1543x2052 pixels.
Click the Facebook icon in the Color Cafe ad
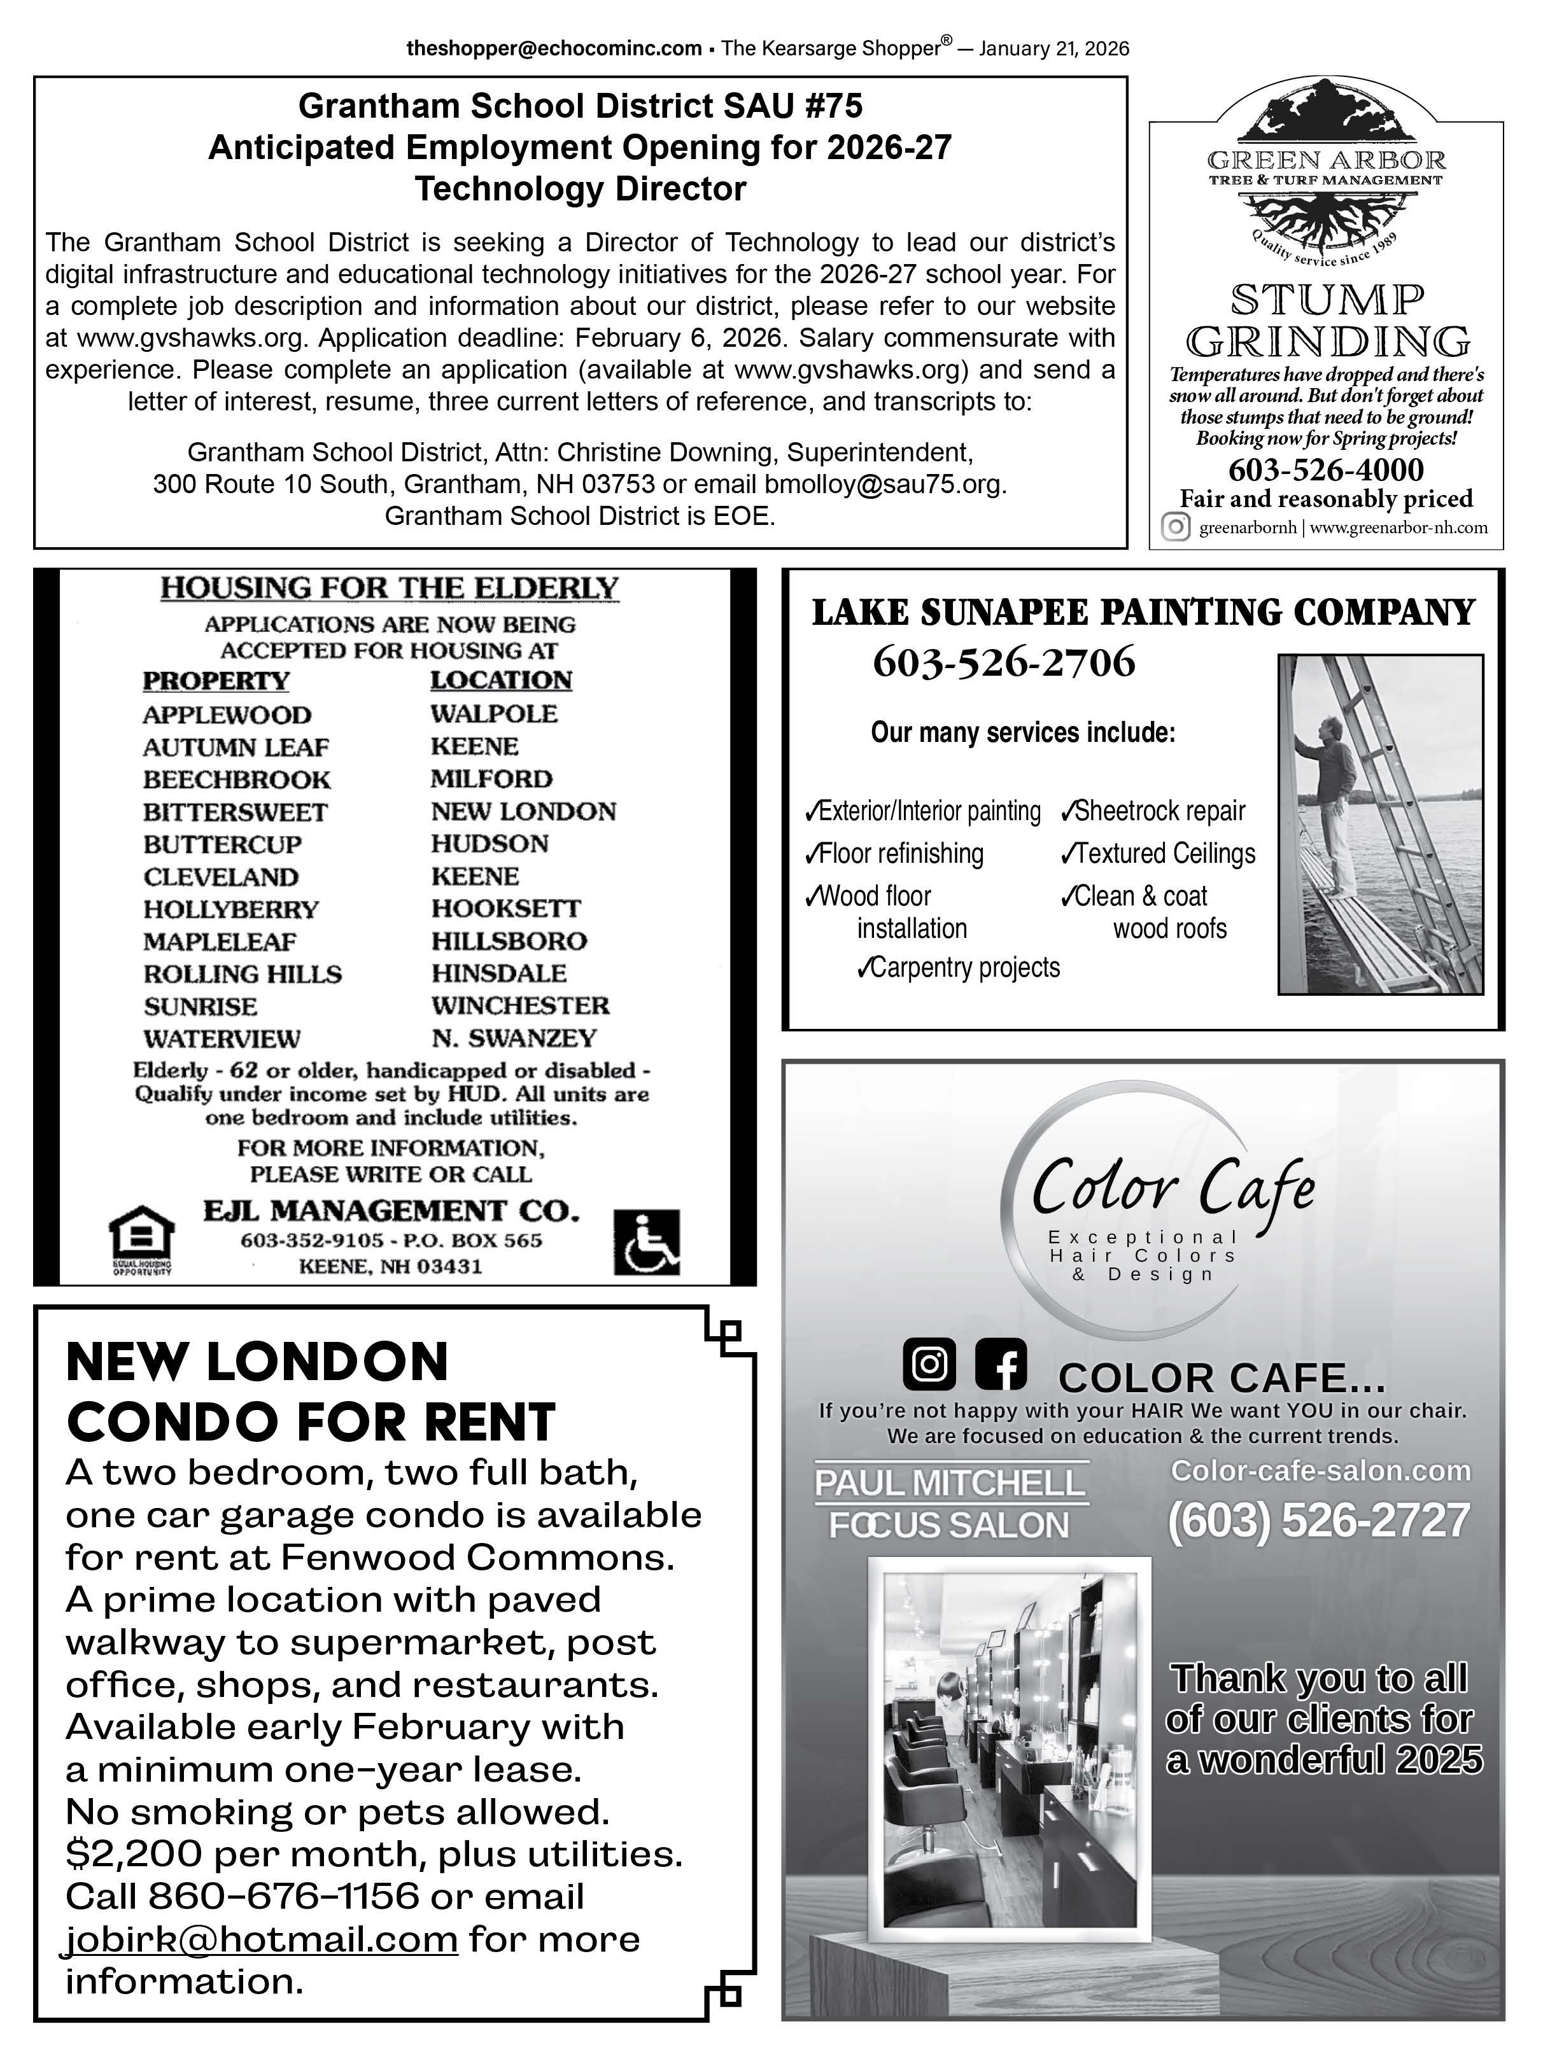click(x=1000, y=1365)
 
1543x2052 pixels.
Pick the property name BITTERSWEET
click(x=235, y=813)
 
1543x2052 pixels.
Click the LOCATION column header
click(x=501, y=680)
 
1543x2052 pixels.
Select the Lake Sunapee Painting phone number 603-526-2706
click(x=1003, y=663)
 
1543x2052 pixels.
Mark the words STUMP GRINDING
click(x=1327, y=321)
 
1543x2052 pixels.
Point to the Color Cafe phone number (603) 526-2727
click(x=1318, y=1521)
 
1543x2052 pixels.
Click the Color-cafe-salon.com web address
click(x=1320, y=1470)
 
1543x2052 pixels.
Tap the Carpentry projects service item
click(x=959, y=968)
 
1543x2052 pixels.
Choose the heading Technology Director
click(x=580, y=189)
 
